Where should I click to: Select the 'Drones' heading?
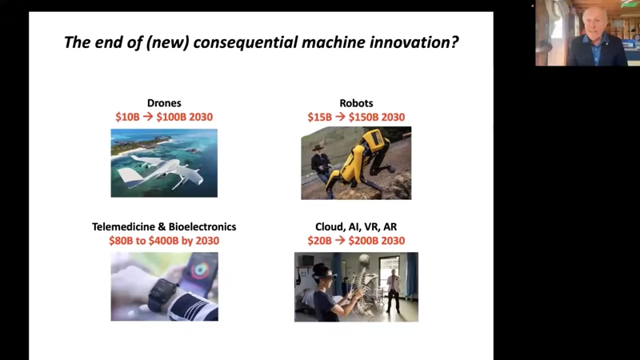coord(164,103)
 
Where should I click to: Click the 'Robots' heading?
coord(356,103)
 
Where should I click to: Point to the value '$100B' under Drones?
coord(171,117)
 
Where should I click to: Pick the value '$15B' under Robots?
coord(320,117)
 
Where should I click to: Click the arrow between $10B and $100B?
coord(148,117)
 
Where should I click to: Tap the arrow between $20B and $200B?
coord(340,241)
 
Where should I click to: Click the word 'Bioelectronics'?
coord(202,227)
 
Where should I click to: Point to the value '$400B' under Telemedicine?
coord(164,241)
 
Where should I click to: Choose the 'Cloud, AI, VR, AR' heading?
coord(356,227)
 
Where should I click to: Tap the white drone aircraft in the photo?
coord(162,170)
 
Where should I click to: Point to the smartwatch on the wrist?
coord(162,294)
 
